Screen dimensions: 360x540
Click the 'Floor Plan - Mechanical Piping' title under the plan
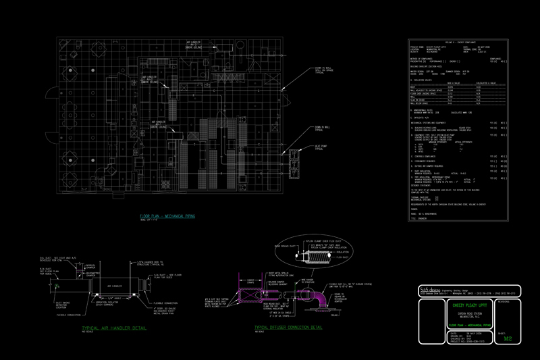(x=167, y=217)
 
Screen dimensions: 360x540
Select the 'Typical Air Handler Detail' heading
(x=106, y=328)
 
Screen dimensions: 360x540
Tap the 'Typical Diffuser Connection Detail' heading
(x=288, y=328)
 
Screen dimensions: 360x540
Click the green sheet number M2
(x=508, y=339)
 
